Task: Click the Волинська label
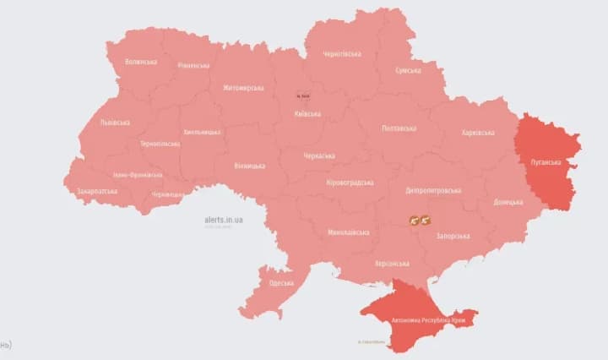click(141, 62)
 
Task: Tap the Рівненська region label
click(193, 65)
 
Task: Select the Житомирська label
click(243, 88)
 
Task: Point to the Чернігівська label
click(342, 54)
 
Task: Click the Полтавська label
click(399, 128)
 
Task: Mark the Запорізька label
click(453, 236)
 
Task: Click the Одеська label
click(282, 282)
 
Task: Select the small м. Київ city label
click(303, 96)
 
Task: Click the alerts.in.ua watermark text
click(224, 219)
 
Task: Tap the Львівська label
click(115, 123)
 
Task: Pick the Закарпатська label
click(97, 191)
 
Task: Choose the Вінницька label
click(250, 166)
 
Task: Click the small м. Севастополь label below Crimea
click(372, 342)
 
